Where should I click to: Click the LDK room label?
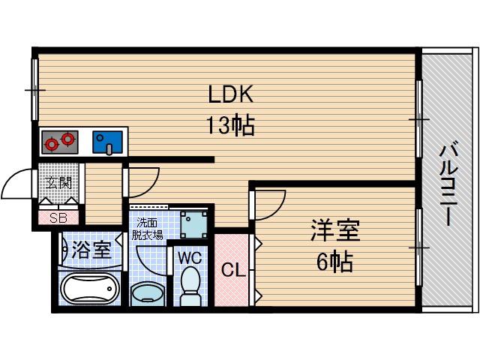click(x=231, y=94)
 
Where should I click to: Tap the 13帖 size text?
click(x=231, y=125)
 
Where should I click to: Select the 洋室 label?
click(x=335, y=230)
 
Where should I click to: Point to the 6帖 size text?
click(x=334, y=262)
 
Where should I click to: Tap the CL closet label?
click(x=233, y=270)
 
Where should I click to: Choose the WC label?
click(x=190, y=258)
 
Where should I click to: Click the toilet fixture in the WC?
click(x=190, y=286)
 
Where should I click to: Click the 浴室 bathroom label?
click(x=91, y=250)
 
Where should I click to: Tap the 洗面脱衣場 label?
click(x=147, y=229)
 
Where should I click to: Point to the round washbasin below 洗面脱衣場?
click(x=147, y=293)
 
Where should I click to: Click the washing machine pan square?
click(x=193, y=224)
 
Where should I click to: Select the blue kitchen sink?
click(x=108, y=142)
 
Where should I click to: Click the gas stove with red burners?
click(x=60, y=142)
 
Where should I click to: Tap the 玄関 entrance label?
click(x=58, y=183)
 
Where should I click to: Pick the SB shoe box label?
click(x=58, y=218)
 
